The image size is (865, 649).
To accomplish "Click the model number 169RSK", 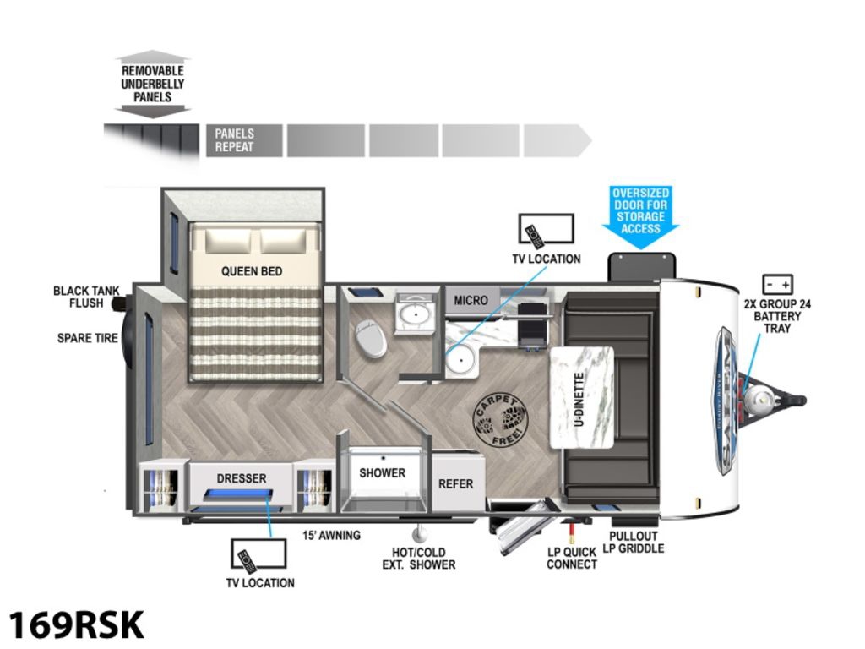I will pyautogui.click(x=76, y=624).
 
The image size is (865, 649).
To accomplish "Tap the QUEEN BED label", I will pyautogui.click(x=252, y=271).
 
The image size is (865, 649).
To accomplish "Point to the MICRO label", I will pyautogui.click(x=471, y=300).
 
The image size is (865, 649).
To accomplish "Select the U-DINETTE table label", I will pyautogui.click(x=580, y=397).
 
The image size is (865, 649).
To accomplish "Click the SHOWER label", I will pyautogui.click(x=383, y=473).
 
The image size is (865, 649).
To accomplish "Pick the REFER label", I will pyautogui.click(x=455, y=484).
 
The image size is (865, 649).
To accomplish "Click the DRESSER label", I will pyautogui.click(x=242, y=478).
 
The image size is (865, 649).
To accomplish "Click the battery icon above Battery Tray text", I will pyautogui.click(x=777, y=284).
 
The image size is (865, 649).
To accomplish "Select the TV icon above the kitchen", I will pyautogui.click(x=547, y=229).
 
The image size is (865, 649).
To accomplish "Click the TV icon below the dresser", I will pyautogui.click(x=258, y=555).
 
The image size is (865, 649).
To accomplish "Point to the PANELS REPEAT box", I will pyautogui.click(x=234, y=140).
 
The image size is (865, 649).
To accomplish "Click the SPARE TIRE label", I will pyautogui.click(x=87, y=338).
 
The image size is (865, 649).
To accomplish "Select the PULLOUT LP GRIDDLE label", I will pyautogui.click(x=636, y=543).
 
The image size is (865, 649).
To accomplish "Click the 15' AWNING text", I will pyautogui.click(x=331, y=535).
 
